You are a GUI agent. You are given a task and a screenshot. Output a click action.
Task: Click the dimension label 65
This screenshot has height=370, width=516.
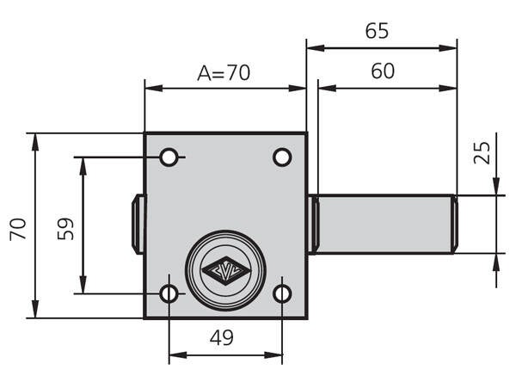coord(377,31)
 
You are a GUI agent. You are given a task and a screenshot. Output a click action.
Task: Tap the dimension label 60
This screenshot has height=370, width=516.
coord(383,71)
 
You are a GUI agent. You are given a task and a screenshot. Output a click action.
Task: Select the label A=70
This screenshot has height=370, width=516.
coord(224,73)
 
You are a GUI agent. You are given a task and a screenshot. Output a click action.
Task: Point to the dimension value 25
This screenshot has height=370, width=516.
coord(482,152)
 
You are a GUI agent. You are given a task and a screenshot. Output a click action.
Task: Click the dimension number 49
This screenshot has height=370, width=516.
coord(222,337)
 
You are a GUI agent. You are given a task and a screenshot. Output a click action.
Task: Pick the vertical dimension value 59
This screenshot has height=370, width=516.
coord(65,228)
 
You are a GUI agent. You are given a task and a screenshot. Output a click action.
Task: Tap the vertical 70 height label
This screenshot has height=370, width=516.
coord(18,229)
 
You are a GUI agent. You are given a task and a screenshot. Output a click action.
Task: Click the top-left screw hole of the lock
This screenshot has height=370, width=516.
coord(169,157)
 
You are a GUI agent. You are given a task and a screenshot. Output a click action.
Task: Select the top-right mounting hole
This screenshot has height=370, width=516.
coord(282,157)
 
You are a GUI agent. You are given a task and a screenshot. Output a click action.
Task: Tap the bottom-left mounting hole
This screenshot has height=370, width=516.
coord(169,293)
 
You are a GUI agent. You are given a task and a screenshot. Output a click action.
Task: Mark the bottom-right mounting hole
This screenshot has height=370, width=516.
coord(282,293)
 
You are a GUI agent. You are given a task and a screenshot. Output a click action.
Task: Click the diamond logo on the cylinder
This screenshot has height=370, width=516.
coord(225,270)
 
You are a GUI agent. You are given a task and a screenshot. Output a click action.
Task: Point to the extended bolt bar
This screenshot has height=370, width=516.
coord(383,225)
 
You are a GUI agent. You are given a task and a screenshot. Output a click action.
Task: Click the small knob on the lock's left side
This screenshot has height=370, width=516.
coord(138,225)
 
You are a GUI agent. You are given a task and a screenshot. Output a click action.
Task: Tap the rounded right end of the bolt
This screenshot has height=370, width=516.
coord(455,225)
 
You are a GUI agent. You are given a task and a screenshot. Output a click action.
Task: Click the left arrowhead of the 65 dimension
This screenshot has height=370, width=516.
coord(316,48)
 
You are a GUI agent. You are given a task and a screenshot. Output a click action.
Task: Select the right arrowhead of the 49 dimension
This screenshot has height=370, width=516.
coord(273,355)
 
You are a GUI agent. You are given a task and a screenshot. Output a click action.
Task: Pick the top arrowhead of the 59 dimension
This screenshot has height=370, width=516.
coord(83,166)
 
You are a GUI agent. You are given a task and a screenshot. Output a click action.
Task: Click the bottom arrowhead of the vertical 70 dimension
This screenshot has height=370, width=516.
coord(35,309)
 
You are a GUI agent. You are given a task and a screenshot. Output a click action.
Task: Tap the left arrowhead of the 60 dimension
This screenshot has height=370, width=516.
coord(327,89)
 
